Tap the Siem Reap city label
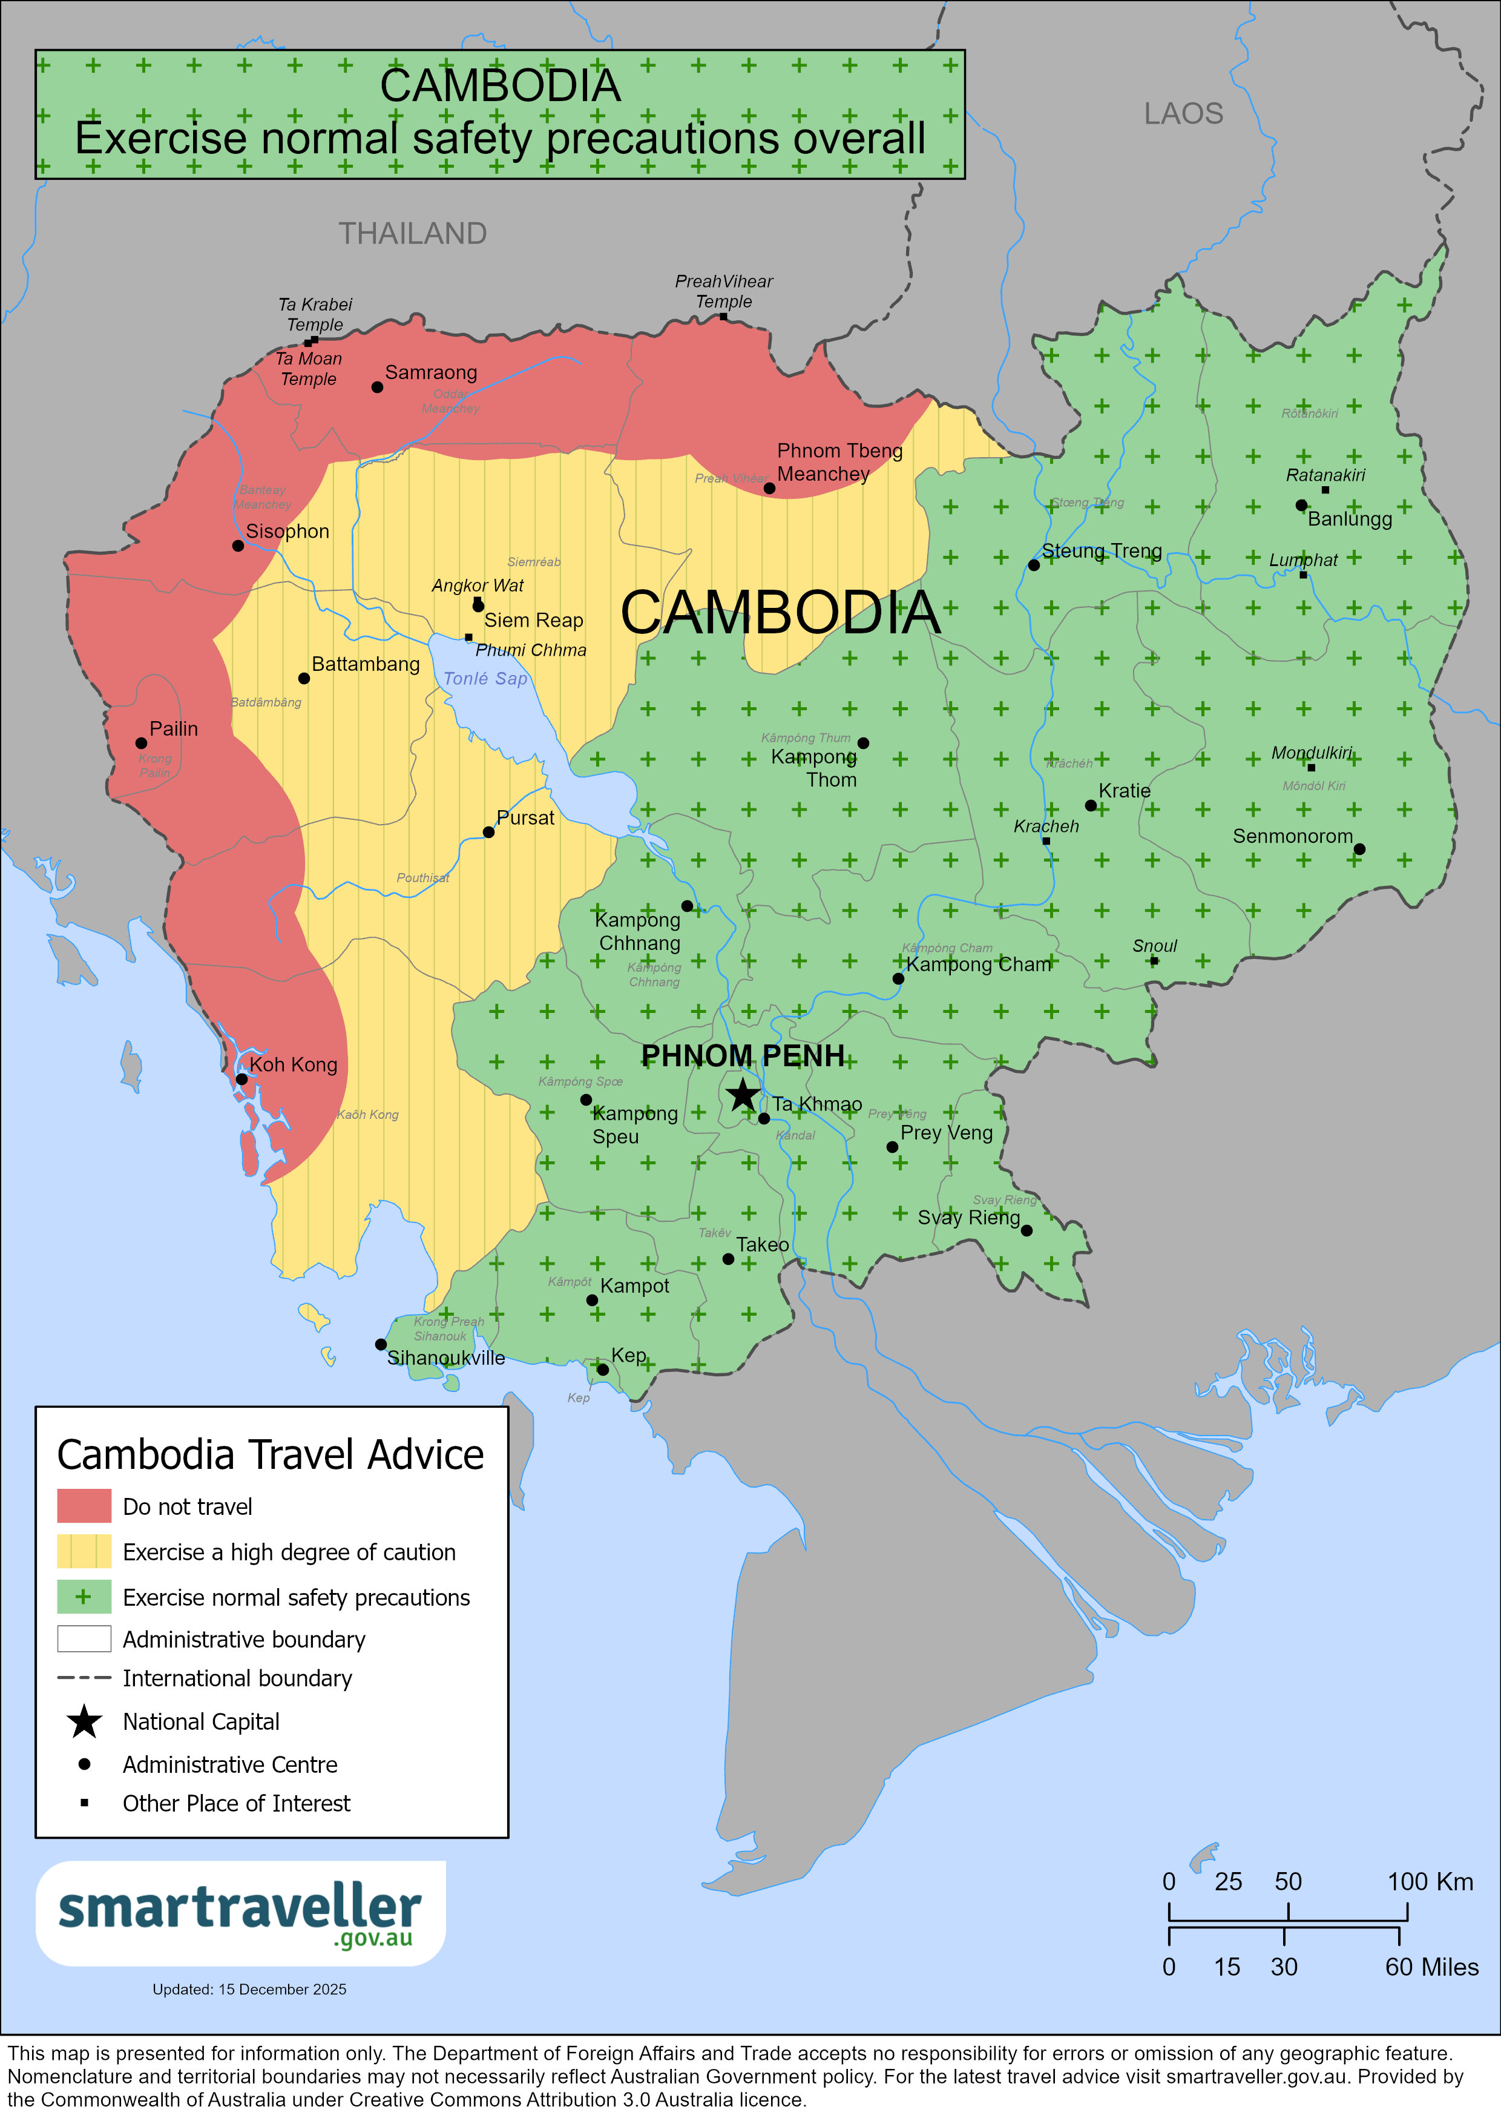534,620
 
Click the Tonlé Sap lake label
485,678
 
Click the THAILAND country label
413,233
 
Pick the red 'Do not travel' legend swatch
84,1505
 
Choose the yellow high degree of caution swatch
84,1551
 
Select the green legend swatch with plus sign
84,1596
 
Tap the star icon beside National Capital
84,1721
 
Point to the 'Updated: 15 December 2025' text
250,1989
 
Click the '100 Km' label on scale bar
1429,1882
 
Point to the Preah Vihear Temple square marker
723,317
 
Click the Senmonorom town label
1292,836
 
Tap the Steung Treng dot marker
1034,566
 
